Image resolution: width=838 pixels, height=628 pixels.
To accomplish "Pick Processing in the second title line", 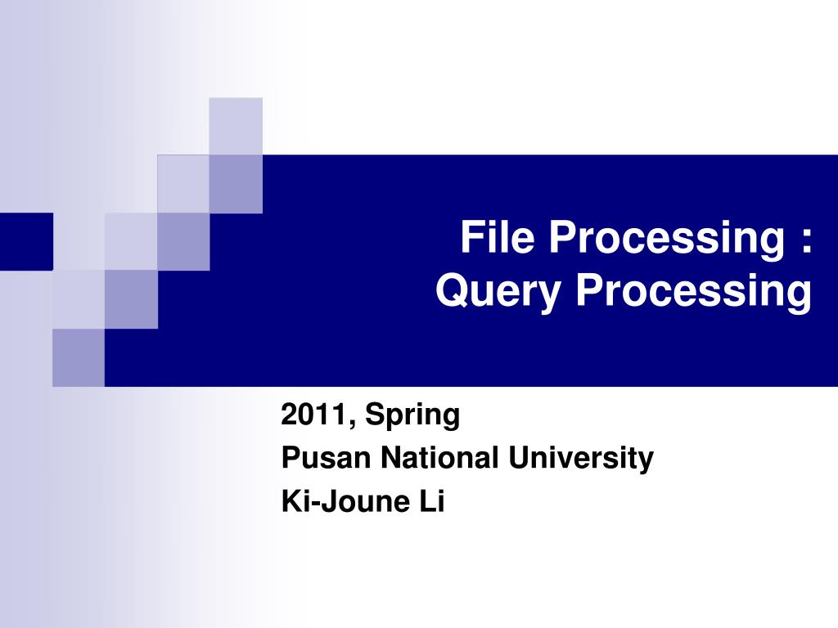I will coord(692,293).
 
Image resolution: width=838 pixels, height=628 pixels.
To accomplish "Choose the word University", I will coord(580,460).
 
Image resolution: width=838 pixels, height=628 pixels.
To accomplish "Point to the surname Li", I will coord(432,501).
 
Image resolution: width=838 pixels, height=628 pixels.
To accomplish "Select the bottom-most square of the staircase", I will coord(79,357).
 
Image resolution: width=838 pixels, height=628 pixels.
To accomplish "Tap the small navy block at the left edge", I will coord(26,240).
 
